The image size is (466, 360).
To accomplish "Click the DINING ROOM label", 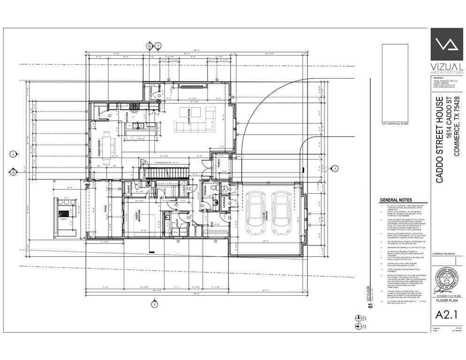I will [x=99, y=148].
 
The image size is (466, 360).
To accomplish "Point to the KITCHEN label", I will [x=127, y=117].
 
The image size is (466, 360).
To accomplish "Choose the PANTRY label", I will [x=99, y=111].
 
